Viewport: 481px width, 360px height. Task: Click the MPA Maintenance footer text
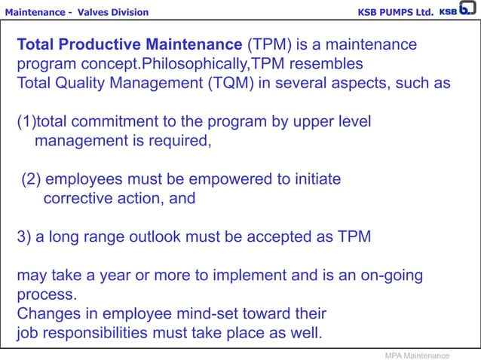pos(417,355)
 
